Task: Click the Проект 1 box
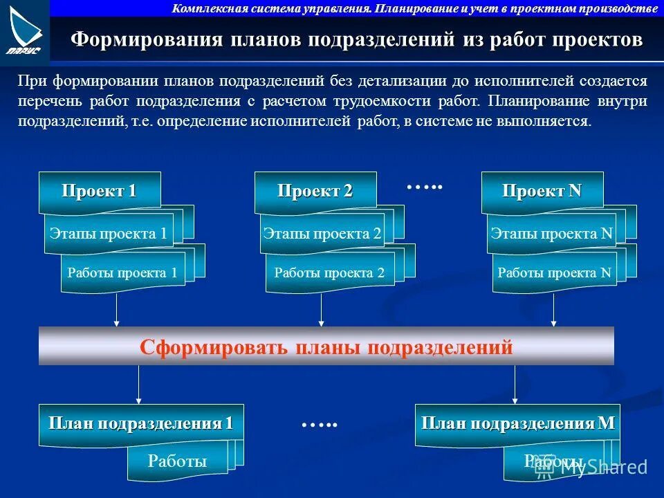pyautogui.click(x=100, y=192)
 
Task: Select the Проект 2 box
pyautogui.click(x=315, y=192)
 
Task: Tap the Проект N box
pyautogui.click(x=542, y=192)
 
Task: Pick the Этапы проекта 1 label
pyautogui.click(x=108, y=234)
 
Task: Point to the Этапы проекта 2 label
pyautogui.click(x=322, y=234)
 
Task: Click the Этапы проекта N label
pyautogui.click(x=551, y=234)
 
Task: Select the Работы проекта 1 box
pyautogui.click(x=122, y=273)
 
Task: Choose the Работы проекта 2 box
pyautogui.click(x=329, y=273)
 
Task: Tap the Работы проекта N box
pyautogui.click(x=555, y=273)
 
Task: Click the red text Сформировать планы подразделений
pyautogui.click(x=326, y=347)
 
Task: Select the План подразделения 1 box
pyautogui.click(x=140, y=423)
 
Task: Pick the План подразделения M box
pyautogui.click(x=518, y=423)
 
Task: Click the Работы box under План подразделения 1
pyautogui.click(x=178, y=461)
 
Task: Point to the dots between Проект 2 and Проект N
pyautogui.click(x=423, y=187)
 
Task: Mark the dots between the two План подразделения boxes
pyautogui.click(x=319, y=424)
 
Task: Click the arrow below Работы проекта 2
pyautogui.click(x=322, y=308)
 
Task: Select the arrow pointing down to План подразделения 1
pyautogui.click(x=139, y=385)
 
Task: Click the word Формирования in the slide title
pyautogui.click(x=147, y=39)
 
